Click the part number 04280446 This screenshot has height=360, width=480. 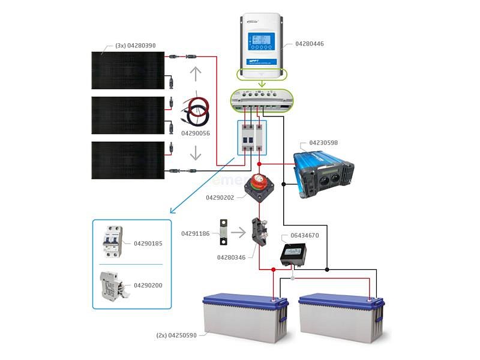click(x=310, y=44)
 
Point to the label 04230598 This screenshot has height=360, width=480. click(x=323, y=143)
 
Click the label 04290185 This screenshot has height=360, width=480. click(x=148, y=244)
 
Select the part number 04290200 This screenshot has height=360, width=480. click(x=148, y=285)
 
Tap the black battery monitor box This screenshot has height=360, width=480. click(x=293, y=255)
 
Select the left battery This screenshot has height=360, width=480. click(x=244, y=316)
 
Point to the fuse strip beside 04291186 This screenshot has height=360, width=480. click(x=223, y=233)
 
